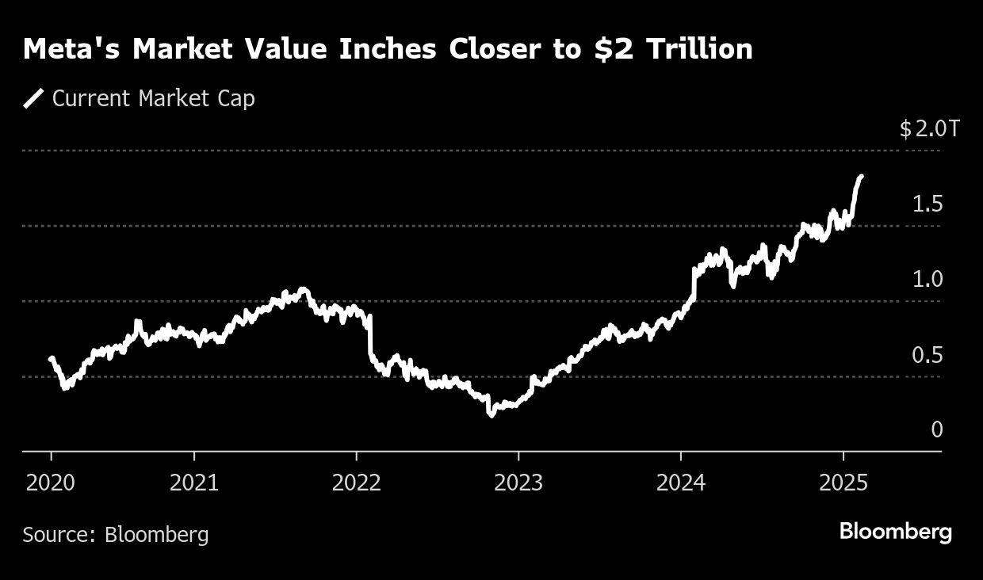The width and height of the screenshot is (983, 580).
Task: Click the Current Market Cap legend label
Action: tap(153, 99)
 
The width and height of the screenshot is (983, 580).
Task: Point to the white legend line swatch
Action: tap(33, 99)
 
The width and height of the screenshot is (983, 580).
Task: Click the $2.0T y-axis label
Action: tap(929, 129)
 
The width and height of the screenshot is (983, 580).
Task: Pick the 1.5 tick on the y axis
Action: tap(928, 204)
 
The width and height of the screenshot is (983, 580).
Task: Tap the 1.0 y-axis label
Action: tap(928, 280)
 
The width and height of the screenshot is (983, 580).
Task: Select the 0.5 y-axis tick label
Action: tap(928, 355)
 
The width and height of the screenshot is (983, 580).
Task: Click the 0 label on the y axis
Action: tap(937, 429)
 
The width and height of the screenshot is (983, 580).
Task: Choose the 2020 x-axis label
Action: tap(51, 483)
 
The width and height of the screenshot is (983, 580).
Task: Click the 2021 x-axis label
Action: tap(194, 483)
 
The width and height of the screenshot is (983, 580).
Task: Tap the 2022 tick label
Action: tap(357, 483)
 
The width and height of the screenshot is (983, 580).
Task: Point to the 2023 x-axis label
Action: tap(518, 483)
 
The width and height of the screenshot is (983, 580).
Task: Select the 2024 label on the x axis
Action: tap(681, 483)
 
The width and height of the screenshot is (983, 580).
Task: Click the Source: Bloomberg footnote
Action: tap(116, 535)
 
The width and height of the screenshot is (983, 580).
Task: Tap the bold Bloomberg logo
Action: tap(895, 532)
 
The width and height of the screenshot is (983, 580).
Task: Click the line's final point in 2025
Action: tap(861, 177)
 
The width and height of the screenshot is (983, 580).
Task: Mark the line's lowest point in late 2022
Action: tap(491, 414)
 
